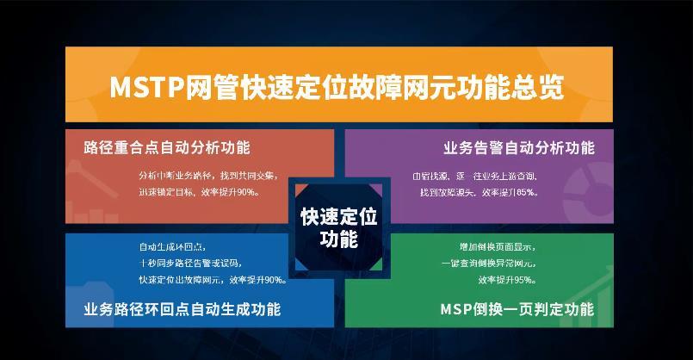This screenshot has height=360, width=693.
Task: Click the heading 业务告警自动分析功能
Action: click(x=519, y=147)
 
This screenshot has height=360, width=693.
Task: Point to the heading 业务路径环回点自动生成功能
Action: click(x=183, y=309)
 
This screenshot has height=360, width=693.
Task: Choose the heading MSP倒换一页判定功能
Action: click(x=517, y=309)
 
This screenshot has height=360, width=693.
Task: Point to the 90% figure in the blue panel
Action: click(x=274, y=280)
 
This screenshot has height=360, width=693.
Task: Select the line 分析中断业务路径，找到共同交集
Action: click(x=207, y=176)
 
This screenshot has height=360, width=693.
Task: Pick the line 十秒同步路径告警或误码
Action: click(x=190, y=263)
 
